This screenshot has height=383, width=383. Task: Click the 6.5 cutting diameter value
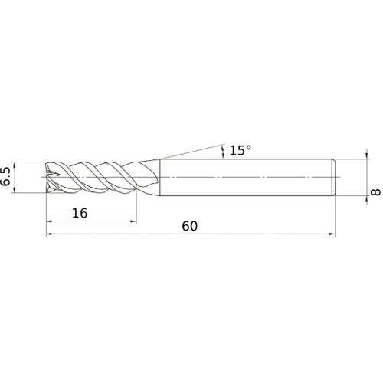point(7,177)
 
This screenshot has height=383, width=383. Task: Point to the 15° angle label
point(240,150)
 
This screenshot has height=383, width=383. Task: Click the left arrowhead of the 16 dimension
point(51,223)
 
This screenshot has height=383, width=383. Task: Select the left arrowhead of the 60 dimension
point(51,235)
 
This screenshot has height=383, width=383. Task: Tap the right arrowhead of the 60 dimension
point(333,235)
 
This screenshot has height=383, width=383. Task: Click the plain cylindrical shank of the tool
point(245,177)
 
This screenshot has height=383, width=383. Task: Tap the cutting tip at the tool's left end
point(50,177)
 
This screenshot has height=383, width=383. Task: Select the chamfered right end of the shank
point(334,177)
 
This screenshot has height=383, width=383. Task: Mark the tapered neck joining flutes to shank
point(150,177)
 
